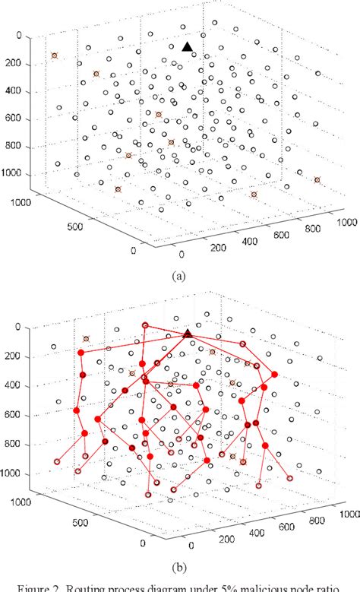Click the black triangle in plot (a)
tap(188, 47)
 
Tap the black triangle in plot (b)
tap(188, 333)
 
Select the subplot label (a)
tap(179, 276)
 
